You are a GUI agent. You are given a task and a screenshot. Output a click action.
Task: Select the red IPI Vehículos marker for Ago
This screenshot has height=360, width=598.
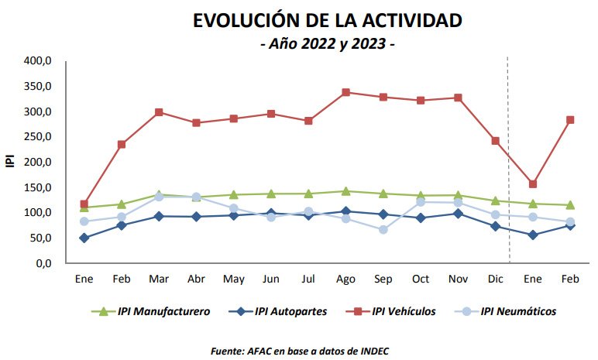(345, 92)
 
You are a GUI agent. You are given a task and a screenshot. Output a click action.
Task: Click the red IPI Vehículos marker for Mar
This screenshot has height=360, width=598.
(159, 112)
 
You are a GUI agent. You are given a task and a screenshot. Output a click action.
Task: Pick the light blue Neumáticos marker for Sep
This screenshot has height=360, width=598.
(383, 229)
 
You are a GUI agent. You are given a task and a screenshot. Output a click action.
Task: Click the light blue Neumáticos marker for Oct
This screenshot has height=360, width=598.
(421, 202)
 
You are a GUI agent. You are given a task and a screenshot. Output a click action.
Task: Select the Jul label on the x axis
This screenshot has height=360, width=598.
(308, 278)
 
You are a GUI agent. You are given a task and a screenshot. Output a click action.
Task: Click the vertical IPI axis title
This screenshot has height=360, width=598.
(10, 162)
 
